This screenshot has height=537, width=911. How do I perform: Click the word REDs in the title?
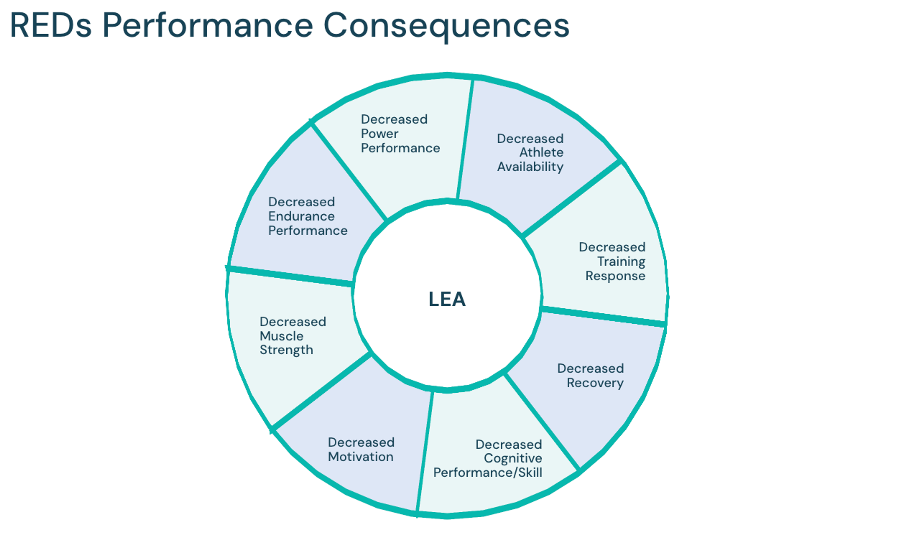pyautogui.click(x=51, y=25)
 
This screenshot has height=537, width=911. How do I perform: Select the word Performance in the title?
pyautogui.click(x=208, y=25)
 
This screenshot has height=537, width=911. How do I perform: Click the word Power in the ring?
pyautogui.click(x=379, y=134)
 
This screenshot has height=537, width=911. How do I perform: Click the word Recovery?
pyautogui.click(x=595, y=383)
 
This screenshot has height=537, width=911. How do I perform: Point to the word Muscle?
pyautogui.click(x=281, y=336)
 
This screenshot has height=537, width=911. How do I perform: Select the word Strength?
pyautogui.click(x=286, y=350)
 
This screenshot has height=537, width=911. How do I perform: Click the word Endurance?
pyautogui.click(x=301, y=216)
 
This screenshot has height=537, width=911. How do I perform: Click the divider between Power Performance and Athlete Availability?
pyautogui.click(x=465, y=139)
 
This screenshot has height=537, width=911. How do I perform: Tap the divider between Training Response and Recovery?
pyautogui.click(x=603, y=317)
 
